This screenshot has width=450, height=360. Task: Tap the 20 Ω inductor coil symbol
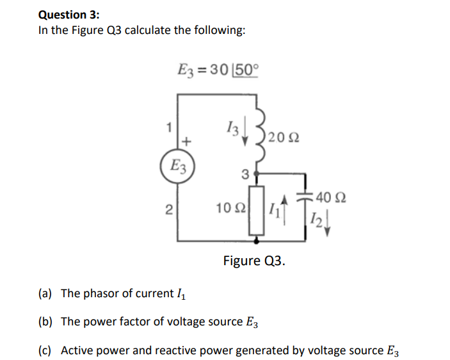[259, 136]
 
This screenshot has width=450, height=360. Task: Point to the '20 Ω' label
[284, 136]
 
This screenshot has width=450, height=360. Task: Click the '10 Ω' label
[229, 208]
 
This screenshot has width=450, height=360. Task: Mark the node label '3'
[244, 173]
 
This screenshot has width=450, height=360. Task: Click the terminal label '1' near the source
[168, 126]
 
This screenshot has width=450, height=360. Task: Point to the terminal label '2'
[168, 208]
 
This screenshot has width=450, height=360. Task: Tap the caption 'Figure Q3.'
[254, 261]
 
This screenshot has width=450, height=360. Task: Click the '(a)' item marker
[45, 293]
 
